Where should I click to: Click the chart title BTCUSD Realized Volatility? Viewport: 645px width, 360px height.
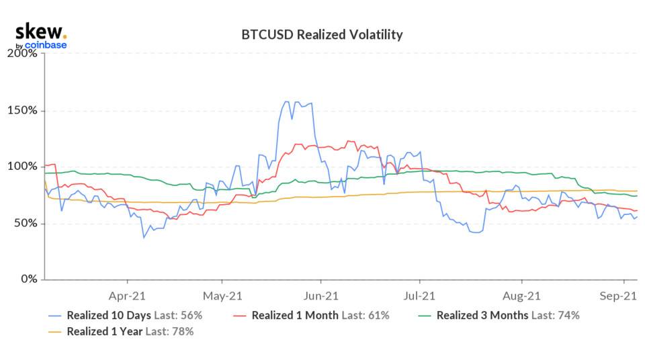coord(322,34)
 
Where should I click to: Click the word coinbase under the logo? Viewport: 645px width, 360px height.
coord(46,46)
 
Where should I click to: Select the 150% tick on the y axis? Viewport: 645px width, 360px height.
coord(24,110)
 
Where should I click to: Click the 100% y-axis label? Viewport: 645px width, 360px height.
coord(24,167)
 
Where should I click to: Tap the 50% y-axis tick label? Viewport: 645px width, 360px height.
coord(26,223)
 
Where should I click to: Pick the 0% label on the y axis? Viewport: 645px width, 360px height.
coord(29,279)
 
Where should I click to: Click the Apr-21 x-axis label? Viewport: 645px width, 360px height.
coord(127,295)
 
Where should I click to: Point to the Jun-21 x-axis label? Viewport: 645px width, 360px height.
coord(321,295)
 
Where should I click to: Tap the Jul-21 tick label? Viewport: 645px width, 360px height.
coord(419,295)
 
